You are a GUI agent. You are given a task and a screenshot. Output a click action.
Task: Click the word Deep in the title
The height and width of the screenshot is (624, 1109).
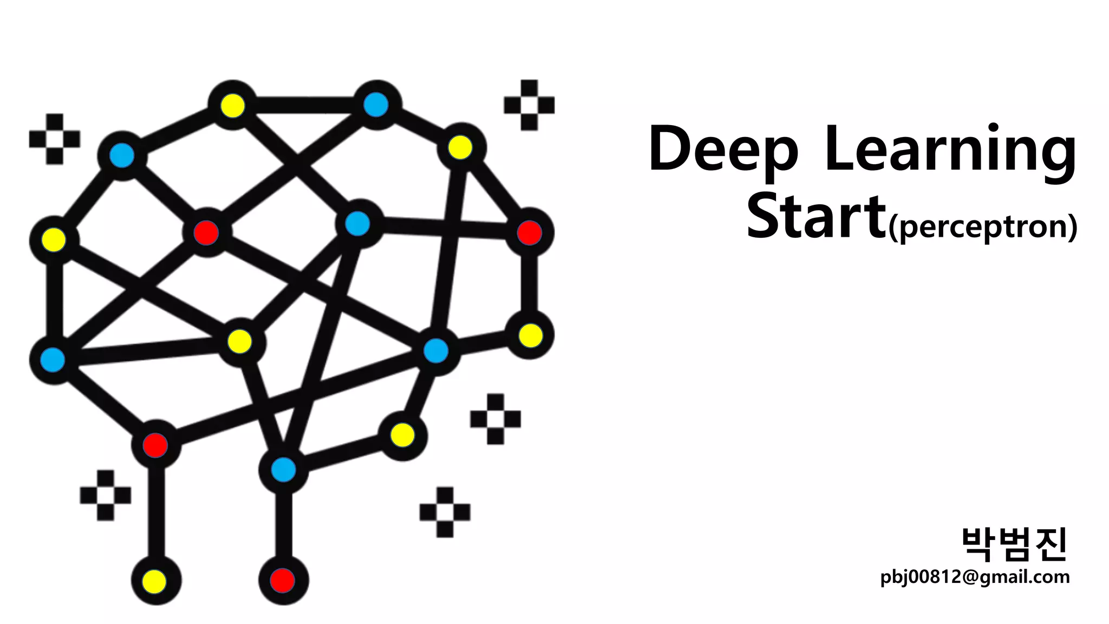pyautogui.click(x=723, y=149)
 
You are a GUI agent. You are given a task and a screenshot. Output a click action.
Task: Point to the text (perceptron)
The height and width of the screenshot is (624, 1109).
pyautogui.click(x=982, y=226)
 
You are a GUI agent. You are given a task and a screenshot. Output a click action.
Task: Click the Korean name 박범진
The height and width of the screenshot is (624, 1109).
pyautogui.click(x=1014, y=544)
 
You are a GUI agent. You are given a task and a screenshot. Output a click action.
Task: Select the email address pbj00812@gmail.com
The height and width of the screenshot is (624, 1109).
pyautogui.click(x=975, y=577)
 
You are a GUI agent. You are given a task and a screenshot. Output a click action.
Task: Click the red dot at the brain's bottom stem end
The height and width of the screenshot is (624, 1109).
pyautogui.click(x=283, y=580)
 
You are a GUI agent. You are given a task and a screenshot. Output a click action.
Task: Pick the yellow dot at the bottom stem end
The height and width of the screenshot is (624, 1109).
pyautogui.click(x=155, y=581)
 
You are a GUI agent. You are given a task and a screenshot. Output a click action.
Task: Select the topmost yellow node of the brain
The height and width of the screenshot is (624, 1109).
pyautogui.click(x=233, y=105)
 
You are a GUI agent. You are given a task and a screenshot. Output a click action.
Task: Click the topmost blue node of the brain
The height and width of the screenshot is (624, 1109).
pyautogui.click(x=376, y=105)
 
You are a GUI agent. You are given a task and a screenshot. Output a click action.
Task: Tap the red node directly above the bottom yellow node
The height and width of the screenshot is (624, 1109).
pyautogui.click(x=155, y=445)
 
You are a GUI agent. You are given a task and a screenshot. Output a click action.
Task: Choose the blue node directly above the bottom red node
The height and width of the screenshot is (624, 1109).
pyautogui.click(x=283, y=469)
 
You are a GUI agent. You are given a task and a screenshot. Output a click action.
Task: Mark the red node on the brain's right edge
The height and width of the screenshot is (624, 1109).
pyautogui.click(x=529, y=232)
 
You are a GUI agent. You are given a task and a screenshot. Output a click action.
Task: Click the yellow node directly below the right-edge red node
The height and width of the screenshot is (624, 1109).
pyautogui.click(x=530, y=335)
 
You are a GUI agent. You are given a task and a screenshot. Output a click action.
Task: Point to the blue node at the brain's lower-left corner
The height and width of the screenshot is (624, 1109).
pyautogui.click(x=53, y=360)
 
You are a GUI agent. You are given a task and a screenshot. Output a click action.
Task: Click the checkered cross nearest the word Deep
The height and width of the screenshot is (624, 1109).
pyautogui.click(x=529, y=105)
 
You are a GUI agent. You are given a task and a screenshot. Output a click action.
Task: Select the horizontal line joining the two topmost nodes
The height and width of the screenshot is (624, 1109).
pyautogui.click(x=304, y=105)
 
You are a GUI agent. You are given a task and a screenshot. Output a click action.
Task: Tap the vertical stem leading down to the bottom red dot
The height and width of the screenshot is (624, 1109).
pyautogui.click(x=283, y=523)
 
